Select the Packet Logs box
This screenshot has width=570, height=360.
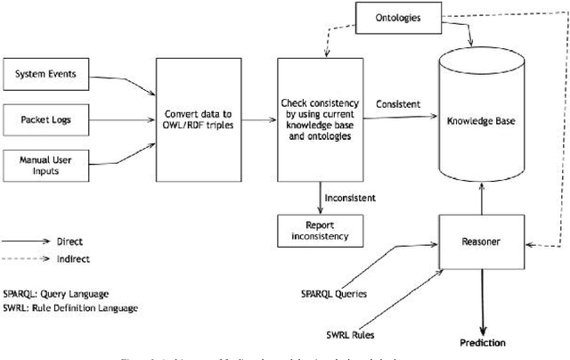(x=45, y=118)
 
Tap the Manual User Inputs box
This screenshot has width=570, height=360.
(x=45, y=163)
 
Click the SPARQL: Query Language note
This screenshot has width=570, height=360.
(x=60, y=293)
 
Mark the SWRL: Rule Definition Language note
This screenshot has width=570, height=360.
(x=69, y=307)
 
